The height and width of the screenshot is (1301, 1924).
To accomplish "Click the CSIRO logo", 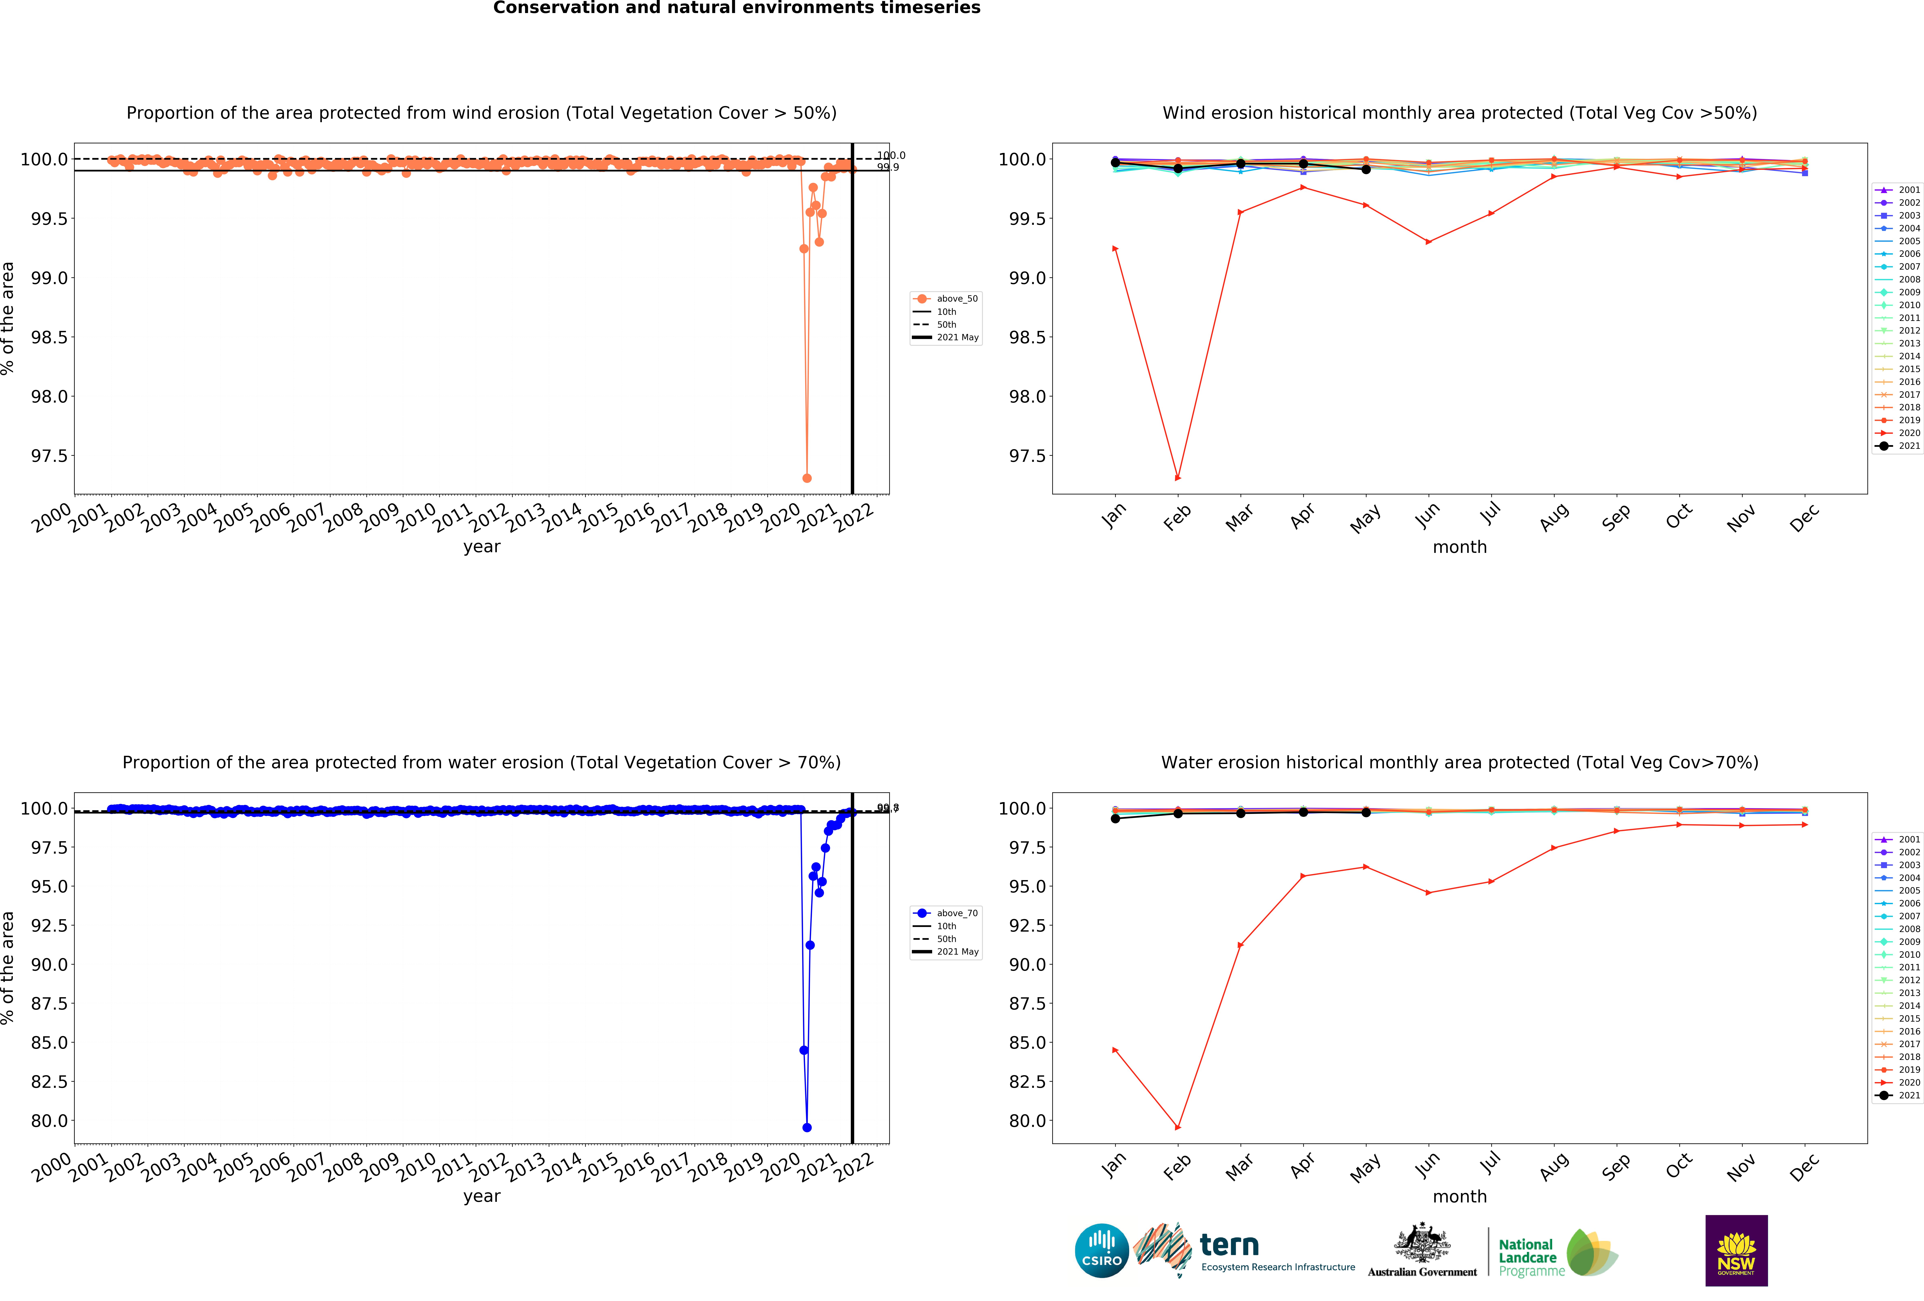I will pos(1101,1250).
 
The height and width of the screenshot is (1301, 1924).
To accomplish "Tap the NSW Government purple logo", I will pos(1736,1250).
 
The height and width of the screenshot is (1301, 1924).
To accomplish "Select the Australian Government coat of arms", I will pos(1421,1242).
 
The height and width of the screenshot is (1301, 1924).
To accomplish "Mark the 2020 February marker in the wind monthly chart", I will pos(1177,478).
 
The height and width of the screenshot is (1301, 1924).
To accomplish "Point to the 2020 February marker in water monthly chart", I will pos(1177,1127).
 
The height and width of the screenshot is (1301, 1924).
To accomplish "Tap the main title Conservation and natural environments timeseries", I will pos(736,8).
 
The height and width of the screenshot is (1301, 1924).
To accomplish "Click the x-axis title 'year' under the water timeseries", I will pos(482,1196).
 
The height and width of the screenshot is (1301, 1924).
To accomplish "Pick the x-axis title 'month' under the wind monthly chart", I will pos(1460,547).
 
